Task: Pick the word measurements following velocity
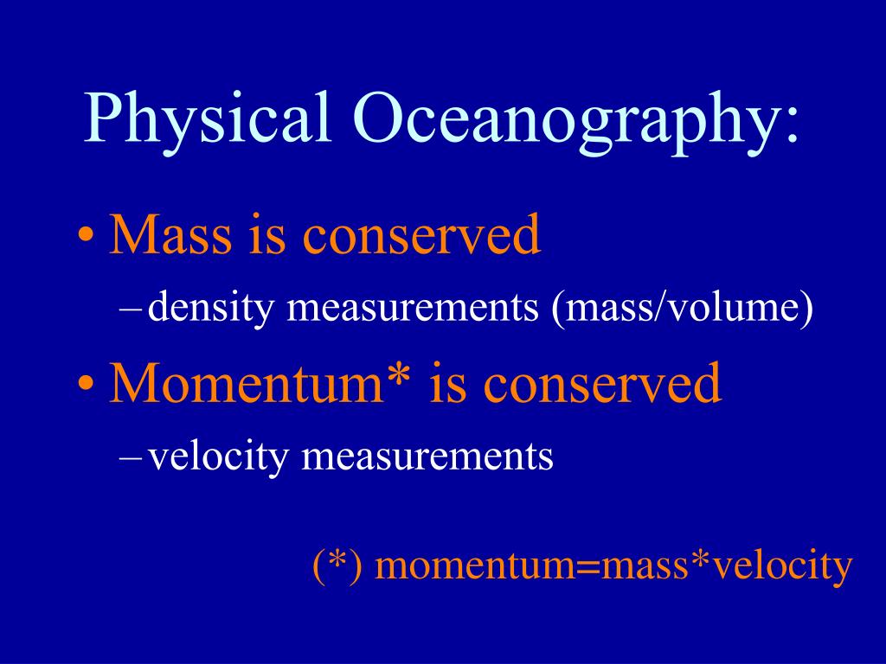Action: point(427,456)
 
